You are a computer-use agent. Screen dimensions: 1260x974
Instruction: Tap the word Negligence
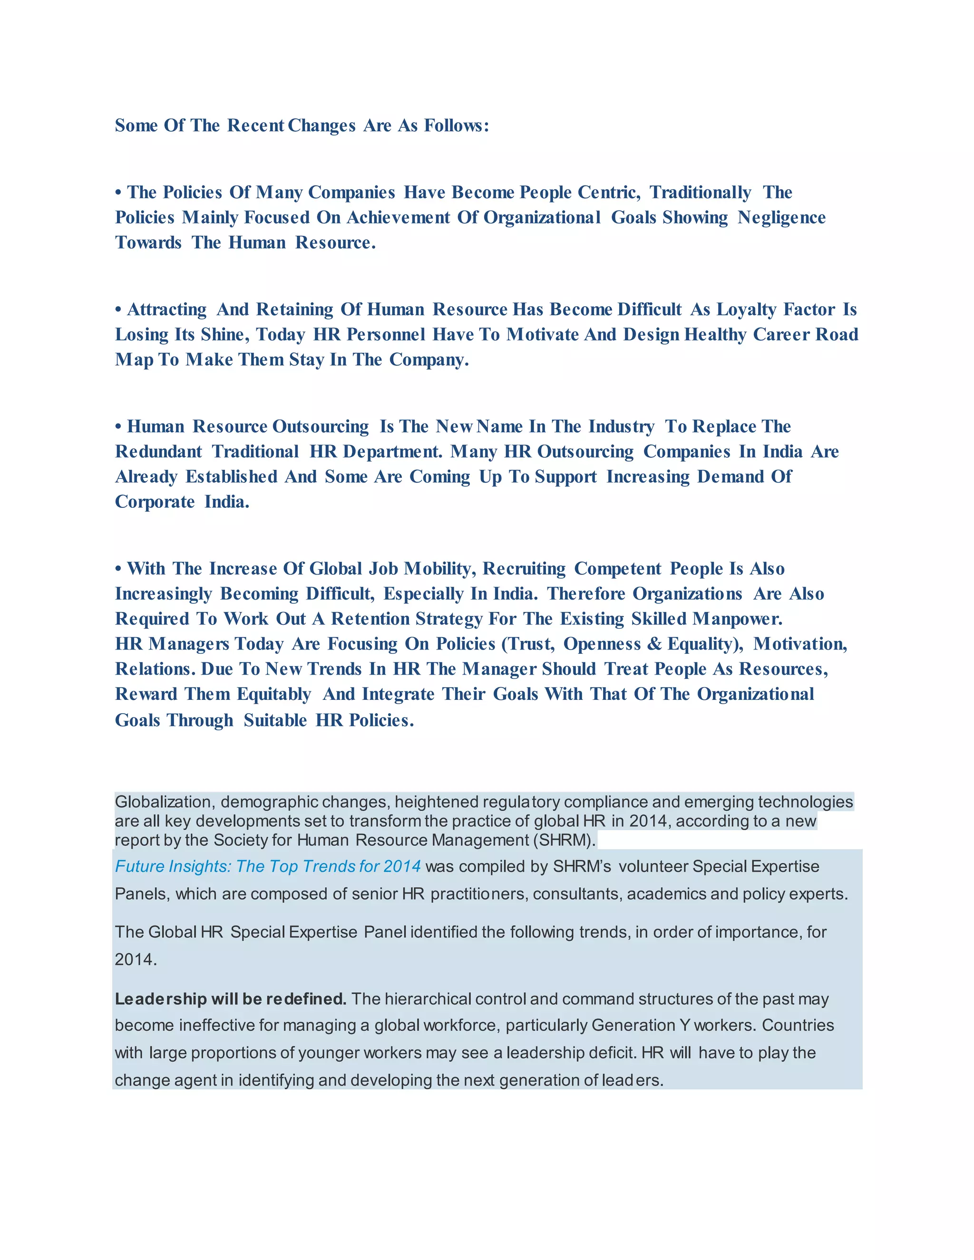tap(781, 217)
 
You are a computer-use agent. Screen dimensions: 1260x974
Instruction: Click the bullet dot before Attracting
tap(118, 310)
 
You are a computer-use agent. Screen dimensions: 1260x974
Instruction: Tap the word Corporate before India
tap(155, 502)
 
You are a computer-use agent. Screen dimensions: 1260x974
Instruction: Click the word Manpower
tap(737, 619)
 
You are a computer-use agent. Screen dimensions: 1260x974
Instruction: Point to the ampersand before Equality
tap(654, 644)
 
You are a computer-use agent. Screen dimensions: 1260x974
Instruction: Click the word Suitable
tap(275, 720)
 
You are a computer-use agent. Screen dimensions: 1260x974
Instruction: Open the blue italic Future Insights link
tap(268, 866)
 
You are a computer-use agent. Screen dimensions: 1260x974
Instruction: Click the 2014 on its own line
tap(135, 960)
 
